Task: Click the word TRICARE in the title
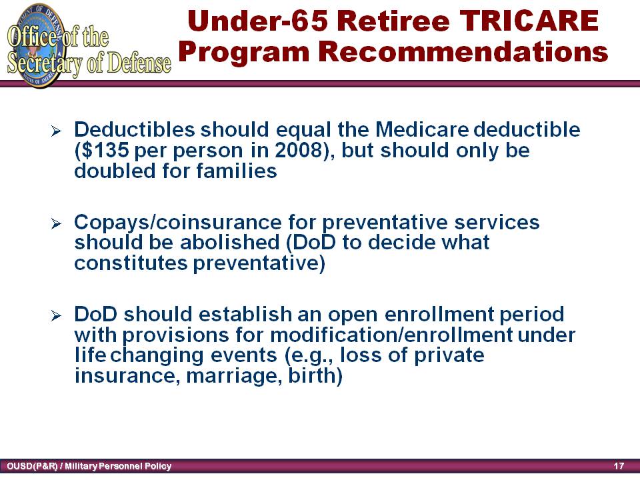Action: click(529, 21)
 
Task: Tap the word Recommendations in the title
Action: click(463, 52)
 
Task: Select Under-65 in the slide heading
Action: click(257, 21)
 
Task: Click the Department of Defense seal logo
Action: click(37, 45)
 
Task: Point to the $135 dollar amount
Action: click(102, 150)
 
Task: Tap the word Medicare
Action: click(422, 130)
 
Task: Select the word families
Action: click(237, 171)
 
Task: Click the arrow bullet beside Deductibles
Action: click(56, 131)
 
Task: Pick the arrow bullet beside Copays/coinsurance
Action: click(56, 223)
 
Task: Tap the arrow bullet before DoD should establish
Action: click(56, 315)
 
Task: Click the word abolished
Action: click(230, 242)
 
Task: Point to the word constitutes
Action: click(131, 263)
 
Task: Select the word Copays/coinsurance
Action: click(178, 223)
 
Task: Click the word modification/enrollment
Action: click(391, 335)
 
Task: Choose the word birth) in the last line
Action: click(315, 375)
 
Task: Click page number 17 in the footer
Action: click(619, 466)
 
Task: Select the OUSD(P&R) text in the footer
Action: click(32, 466)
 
